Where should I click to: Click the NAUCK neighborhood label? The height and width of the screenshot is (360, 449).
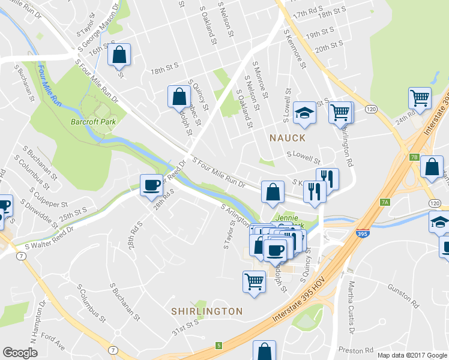[x=287, y=138]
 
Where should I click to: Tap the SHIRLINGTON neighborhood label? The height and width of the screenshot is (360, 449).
[x=207, y=311]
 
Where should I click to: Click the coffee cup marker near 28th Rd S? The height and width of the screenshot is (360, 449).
[x=151, y=184]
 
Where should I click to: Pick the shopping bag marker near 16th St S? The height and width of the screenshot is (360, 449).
[x=119, y=55]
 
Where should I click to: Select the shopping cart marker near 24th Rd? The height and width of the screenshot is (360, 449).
[x=420, y=97]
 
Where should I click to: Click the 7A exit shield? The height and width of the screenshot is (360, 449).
[x=385, y=202]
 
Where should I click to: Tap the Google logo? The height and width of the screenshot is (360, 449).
[x=20, y=353]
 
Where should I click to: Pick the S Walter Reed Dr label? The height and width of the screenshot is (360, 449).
[x=48, y=238]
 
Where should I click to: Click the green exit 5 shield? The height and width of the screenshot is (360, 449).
[x=219, y=345]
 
